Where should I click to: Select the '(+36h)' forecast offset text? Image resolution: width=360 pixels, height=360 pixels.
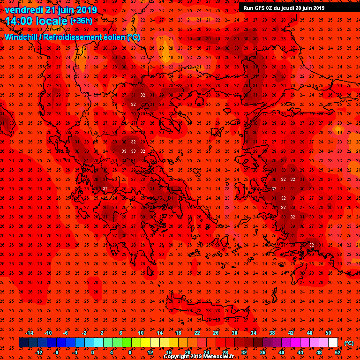tap(81, 21)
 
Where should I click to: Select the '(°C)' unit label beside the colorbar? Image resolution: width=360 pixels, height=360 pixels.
tap(349, 343)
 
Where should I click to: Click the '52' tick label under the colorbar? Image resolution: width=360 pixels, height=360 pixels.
tap(337, 352)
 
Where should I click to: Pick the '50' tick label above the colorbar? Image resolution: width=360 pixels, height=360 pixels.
tap(328, 333)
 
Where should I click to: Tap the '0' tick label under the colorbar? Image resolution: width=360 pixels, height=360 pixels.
tap(92, 352)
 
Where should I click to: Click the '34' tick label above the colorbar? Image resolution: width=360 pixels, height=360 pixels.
tap(253, 333)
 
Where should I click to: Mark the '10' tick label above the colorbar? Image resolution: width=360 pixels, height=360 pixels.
tap(141, 333)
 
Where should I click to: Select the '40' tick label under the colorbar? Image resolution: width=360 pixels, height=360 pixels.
tap(281, 352)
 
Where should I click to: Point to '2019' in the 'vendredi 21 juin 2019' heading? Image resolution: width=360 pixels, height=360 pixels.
tap(86, 9)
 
